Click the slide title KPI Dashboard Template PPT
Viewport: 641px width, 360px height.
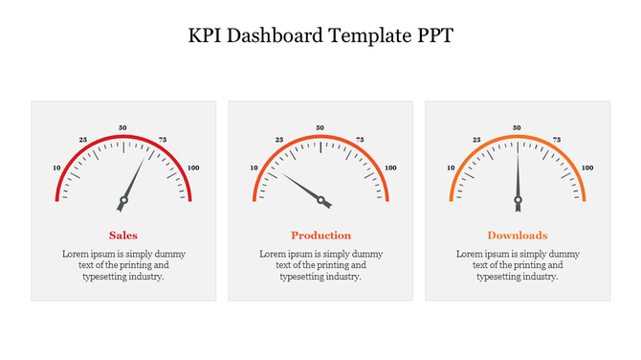pyautogui.click(x=320, y=36)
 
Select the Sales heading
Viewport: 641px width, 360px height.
pyautogui.click(x=123, y=235)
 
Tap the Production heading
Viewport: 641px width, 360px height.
pyautogui.click(x=320, y=235)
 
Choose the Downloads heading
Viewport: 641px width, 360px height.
pyautogui.click(x=518, y=235)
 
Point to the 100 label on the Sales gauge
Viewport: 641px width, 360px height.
pyautogui.click(x=193, y=168)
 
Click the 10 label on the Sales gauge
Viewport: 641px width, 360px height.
pyautogui.click(x=56, y=168)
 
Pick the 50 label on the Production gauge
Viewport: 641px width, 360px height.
pyautogui.click(x=320, y=127)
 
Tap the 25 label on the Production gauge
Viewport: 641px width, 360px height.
pyautogui.click(x=279, y=139)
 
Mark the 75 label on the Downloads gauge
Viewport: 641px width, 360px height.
pyautogui.click(x=557, y=139)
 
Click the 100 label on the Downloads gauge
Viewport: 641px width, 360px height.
pyautogui.click(x=586, y=168)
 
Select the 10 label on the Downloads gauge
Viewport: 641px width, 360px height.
pyautogui.click(x=451, y=168)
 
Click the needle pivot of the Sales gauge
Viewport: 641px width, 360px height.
pyautogui.click(x=122, y=201)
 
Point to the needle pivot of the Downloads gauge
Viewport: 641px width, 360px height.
pyautogui.click(x=518, y=201)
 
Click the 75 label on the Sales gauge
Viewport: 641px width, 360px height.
pyautogui.click(x=163, y=140)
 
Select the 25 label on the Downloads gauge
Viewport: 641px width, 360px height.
pyautogui.click(x=476, y=139)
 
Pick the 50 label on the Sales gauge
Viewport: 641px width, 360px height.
pyautogui.click(x=122, y=127)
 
